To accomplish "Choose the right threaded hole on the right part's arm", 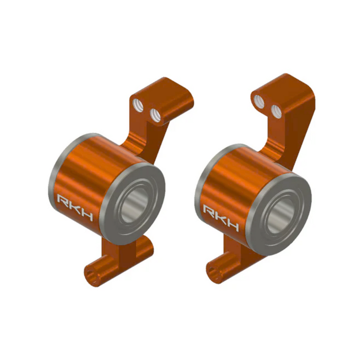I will [x=277, y=109].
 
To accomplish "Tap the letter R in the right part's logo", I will [x=209, y=211].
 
